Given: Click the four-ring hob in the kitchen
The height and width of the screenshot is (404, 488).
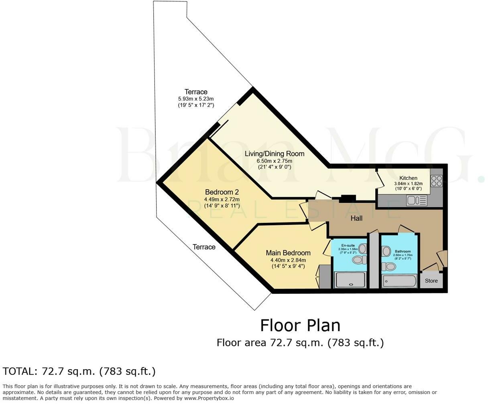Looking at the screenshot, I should coord(436,181).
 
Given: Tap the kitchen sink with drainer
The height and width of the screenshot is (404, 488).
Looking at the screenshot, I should coord(417,200).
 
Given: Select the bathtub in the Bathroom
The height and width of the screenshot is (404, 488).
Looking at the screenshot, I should coord(399,281).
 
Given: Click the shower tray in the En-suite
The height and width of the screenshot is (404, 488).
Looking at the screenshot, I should coord(351,280).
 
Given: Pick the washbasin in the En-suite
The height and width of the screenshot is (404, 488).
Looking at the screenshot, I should coord(362,249).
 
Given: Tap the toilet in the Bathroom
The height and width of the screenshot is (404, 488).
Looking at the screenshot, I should coord(389,267).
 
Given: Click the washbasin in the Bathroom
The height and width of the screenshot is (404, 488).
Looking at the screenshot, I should coord(386,252).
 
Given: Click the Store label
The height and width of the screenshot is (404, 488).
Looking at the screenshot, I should coord(431,281).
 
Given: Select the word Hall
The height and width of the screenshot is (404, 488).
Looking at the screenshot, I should coord(356,218).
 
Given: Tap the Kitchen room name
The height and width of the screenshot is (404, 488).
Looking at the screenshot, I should coord(408,178).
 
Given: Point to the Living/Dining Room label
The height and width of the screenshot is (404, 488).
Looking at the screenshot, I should coord(274,154).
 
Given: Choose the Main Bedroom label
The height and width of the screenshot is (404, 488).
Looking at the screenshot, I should coord(288,253).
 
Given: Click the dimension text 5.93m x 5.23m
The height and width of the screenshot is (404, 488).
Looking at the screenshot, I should coord(196,99).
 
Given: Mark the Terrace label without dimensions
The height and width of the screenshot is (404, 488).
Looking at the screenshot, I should coord(204,247).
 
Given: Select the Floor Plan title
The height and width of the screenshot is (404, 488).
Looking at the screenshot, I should coord(300,325).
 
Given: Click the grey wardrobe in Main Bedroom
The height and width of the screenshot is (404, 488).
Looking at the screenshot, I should coord(324,277).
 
